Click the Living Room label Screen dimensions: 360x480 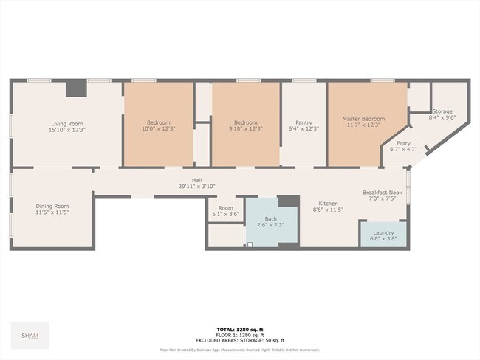pos(66,123)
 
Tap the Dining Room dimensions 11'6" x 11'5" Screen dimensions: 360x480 pos(52,212)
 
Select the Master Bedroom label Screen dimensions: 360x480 pos(363,119)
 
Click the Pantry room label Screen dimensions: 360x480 pos(304,122)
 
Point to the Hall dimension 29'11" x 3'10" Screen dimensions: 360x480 pos(197,187)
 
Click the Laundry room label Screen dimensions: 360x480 pos(383,232)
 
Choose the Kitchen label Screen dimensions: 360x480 pos(328,204)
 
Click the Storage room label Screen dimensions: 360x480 pos(442,111)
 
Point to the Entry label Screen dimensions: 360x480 pos(403,144)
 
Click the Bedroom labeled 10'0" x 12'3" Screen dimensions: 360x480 pos(158,122)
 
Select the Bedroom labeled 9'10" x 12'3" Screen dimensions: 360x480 pos(245,122)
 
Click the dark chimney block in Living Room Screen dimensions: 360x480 pos(75,89)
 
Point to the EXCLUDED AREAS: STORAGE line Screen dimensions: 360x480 pos(239,342)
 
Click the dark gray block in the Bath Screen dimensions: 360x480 pos(289,201)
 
